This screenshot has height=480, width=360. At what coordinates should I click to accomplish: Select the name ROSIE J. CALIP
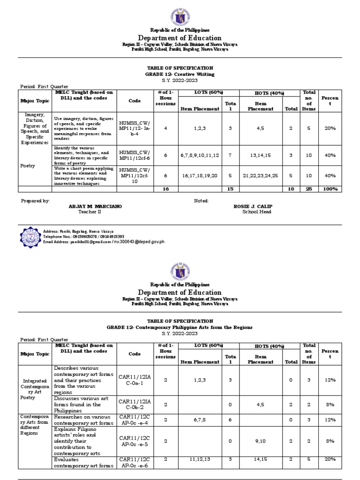click(x=254, y=206)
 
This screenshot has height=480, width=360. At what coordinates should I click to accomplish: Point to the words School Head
click(x=256, y=212)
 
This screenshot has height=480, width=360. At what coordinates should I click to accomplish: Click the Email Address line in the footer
click(x=104, y=242)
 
